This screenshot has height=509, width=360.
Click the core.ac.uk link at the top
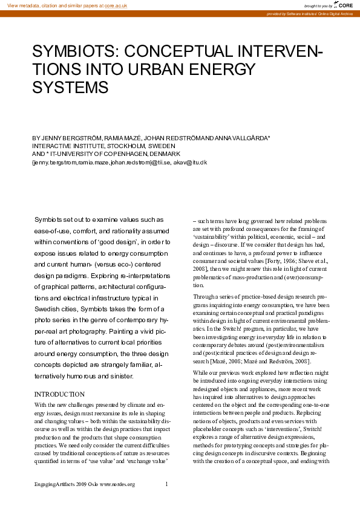116,5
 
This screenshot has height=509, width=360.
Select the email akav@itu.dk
190,162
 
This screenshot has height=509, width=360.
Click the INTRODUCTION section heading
59,394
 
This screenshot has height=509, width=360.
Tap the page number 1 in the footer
166,484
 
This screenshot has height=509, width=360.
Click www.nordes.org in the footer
117,484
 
